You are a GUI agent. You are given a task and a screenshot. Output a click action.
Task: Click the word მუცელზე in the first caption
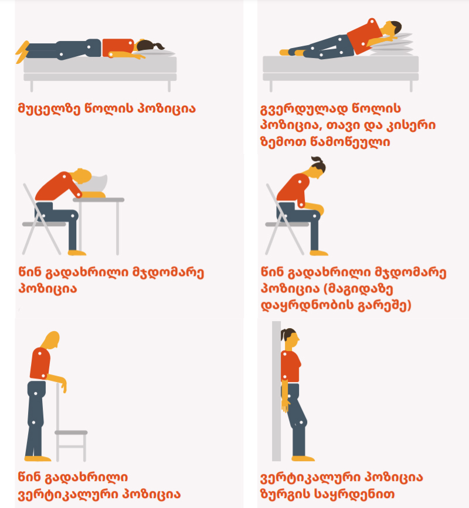pyautogui.click(x=49, y=108)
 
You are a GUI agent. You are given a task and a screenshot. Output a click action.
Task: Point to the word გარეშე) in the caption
pyautogui.click(x=385, y=305)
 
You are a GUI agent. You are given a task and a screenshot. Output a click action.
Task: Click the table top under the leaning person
pyautogui.click(x=98, y=200)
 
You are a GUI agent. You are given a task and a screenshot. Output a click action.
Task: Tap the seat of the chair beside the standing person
pyautogui.click(x=71, y=432)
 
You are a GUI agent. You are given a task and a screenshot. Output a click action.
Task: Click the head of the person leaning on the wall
pyautogui.click(x=291, y=339)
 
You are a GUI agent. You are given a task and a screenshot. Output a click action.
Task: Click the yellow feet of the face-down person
pyautogui.click(x=22, y=52)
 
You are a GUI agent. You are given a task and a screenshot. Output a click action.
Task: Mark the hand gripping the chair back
pyautogui.click(x=63, y=384)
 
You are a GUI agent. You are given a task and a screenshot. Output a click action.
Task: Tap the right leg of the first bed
pyautogui.click(x=169, y=86)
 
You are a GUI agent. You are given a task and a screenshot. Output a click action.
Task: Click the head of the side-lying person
pyautogui.click(x=392, y=29)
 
